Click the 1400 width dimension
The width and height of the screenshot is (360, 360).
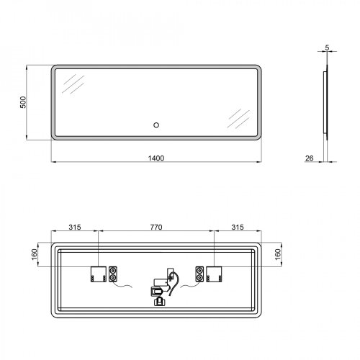(x=154, y=158)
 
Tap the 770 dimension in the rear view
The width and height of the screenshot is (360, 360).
(x=155, y=228)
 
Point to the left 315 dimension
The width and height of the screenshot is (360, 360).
(x=74, y=228)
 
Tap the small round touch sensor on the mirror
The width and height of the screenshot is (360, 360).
(x=155, y=126)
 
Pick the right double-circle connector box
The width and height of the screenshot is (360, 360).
(x=197, y=274)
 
